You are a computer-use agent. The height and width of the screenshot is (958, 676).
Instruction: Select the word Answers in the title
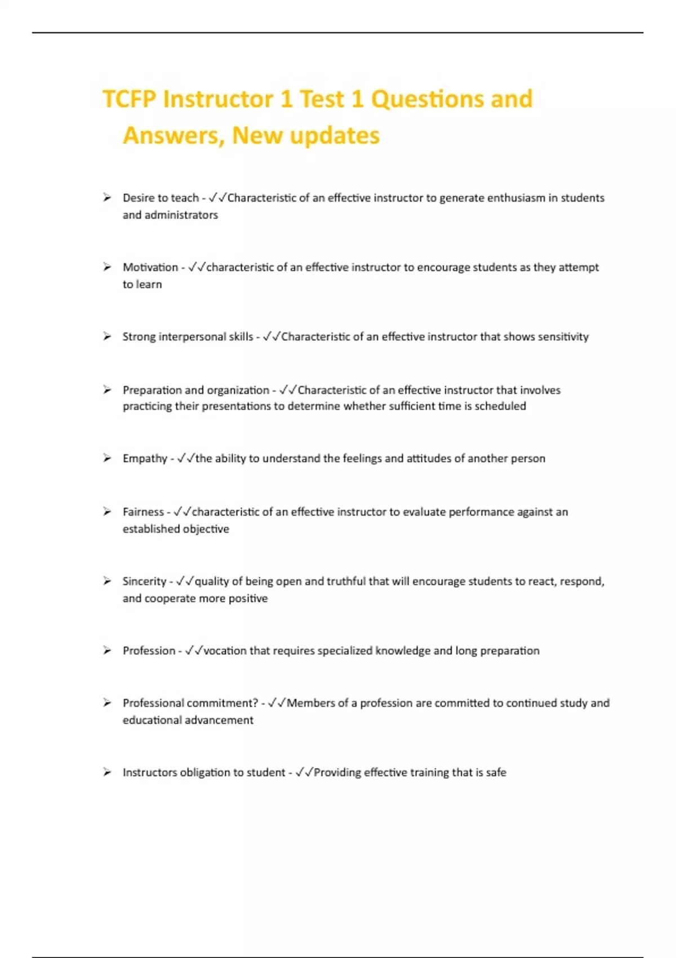coord(172,136)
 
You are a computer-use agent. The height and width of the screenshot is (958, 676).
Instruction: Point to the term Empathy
coord(145,459)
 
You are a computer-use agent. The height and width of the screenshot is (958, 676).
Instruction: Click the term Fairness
coord(143,512)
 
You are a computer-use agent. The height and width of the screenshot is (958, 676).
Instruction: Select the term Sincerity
coord(144,582)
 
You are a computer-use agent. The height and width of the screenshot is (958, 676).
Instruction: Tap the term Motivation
coord(150,268)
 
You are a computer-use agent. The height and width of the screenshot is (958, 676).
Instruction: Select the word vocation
coord(225,651)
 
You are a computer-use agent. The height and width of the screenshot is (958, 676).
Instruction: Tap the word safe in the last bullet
coord(496,773)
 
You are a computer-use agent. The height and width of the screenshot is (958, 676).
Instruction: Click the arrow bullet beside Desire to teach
coord(107,198)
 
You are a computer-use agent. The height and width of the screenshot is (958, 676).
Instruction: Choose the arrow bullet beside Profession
coord(107,651)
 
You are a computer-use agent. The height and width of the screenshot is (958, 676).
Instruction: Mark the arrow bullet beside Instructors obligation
coord(107,773)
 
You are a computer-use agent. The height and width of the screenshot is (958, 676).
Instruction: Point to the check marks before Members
coord(277,703)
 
